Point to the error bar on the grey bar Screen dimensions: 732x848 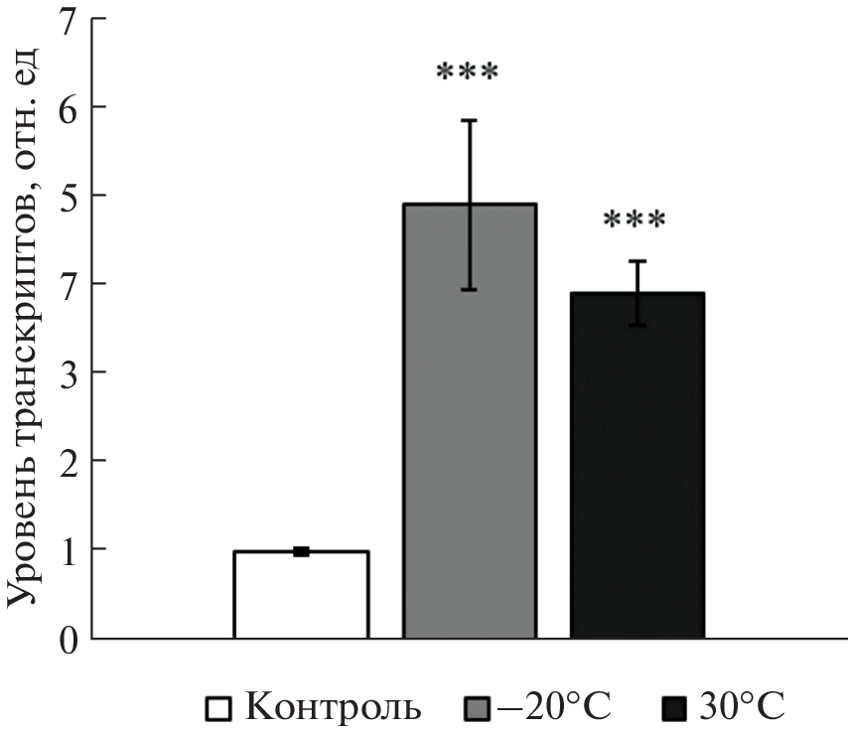click(469, 205)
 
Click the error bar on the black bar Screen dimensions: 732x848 click(636, 293)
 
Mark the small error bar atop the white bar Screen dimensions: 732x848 click(301, 551)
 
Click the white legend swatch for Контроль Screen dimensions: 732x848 click(218, 709)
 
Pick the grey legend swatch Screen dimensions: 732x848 click(478, 709)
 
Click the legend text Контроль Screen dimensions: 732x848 click(333, 708)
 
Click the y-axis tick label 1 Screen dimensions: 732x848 click(67, 550)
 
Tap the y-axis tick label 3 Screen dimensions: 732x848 click(67, 372)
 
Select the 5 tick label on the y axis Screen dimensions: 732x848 click(67, 195)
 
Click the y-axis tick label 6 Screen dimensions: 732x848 click(67, 106)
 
